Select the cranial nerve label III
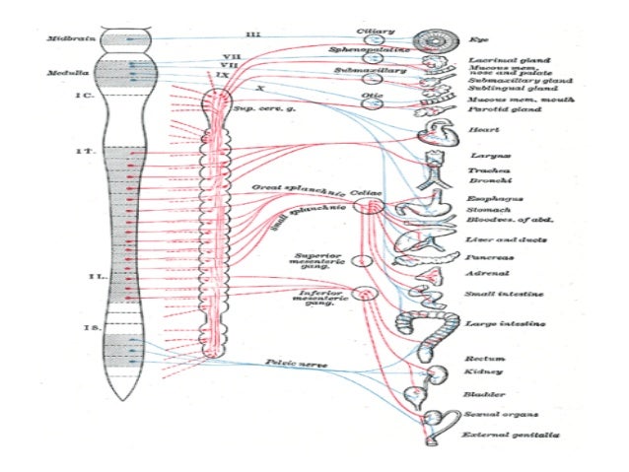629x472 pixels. pos(253,34)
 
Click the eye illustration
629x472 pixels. pos(431,39)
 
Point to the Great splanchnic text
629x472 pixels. pos(297,186)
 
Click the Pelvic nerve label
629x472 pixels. pos(297,363)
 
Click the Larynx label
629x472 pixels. pos(481,155)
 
